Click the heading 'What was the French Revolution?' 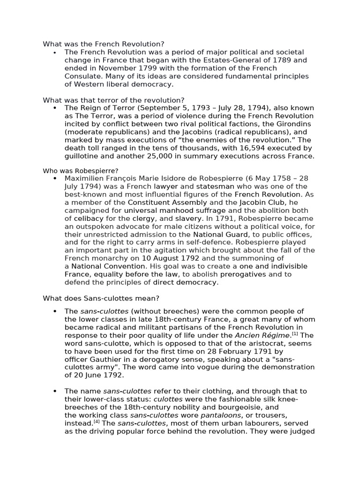104,44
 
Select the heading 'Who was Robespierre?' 80,171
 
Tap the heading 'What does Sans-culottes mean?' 101,298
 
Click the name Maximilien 85,179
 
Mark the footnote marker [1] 295,333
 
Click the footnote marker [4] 96,421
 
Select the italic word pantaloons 219,415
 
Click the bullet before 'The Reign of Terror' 55,108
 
